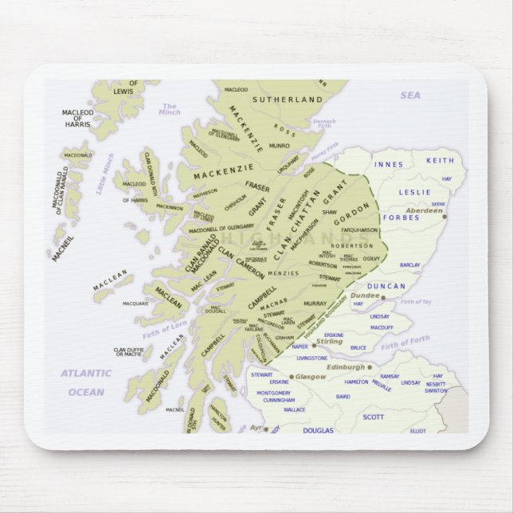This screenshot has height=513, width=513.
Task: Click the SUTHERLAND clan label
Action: click(x=288, y=100)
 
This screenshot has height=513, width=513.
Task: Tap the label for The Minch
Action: click(x=170, y=109)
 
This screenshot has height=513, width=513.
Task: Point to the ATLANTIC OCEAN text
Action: click(x=86, y=382)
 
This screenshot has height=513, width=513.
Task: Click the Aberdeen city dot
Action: click(x=444, y=216)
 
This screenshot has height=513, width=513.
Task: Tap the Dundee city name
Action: click(x=366, y=295)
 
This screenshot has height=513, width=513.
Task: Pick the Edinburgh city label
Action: click(x=345, y=367)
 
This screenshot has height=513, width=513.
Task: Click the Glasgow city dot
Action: click(x=292, y=377)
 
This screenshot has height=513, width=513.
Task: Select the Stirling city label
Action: click(x=329, y=341)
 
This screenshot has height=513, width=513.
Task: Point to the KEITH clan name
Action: click(x=440, y=161)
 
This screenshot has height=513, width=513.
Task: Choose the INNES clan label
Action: click(x=389, y=165)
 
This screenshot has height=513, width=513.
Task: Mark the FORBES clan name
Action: click(x=401, y=217)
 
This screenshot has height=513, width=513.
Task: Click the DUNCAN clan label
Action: click(x=387, y=286)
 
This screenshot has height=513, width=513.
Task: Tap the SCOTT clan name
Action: click(x=373, y=417)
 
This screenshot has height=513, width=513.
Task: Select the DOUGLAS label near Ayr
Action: click(x=319, y=430)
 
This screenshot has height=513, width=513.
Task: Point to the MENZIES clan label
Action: click(x=283, y=272)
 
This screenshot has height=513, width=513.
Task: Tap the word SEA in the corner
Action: click(x=409, y=96)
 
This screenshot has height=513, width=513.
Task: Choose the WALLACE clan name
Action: click(x=294, y=409)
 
